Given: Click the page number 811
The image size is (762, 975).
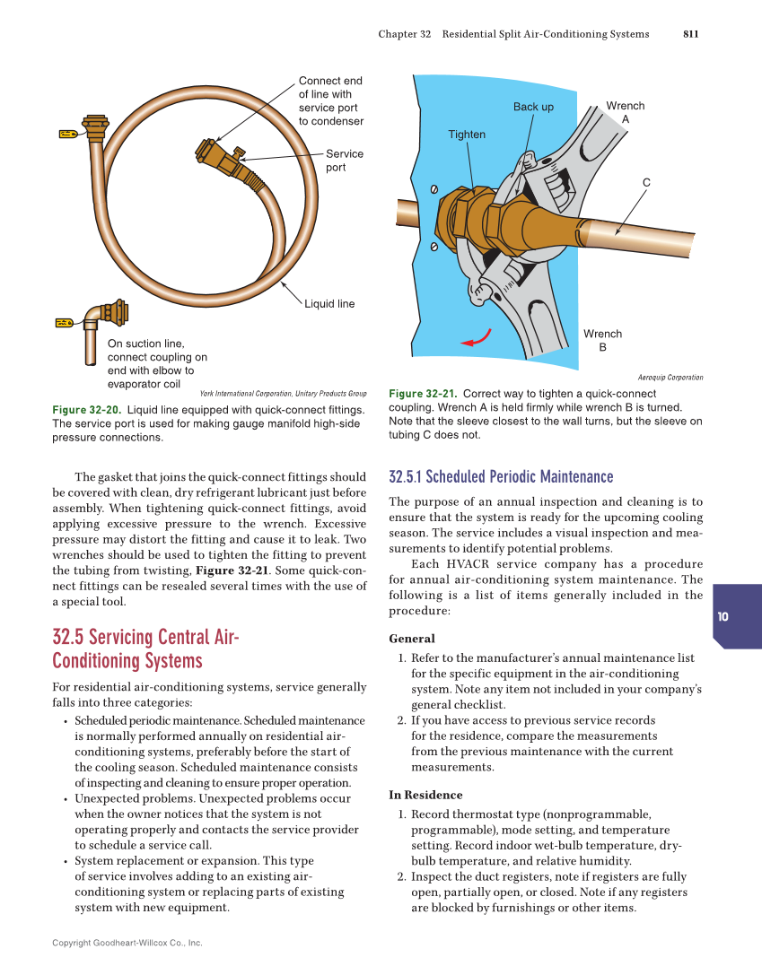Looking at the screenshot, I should tap(690, 34).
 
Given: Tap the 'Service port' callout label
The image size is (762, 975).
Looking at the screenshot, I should tap(344, 161).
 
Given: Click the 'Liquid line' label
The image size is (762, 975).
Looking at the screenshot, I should tap(329, 304).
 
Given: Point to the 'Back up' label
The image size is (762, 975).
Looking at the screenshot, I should tap(533, 107).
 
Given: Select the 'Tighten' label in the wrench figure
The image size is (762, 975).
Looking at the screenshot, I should tap(467, 135).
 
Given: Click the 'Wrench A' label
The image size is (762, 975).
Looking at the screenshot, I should tap(626, 112).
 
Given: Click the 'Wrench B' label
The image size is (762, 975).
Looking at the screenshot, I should tap(602, 340).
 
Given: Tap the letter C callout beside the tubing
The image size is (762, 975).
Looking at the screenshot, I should tap(645, 183).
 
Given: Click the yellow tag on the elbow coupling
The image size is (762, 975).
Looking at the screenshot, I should tap(64, 322).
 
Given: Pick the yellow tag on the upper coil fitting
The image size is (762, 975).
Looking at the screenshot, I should tap(68, 134).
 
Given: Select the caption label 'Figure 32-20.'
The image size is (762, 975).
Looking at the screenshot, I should tap(87, 410).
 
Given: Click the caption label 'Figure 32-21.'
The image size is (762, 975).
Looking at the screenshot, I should tap(423, 394).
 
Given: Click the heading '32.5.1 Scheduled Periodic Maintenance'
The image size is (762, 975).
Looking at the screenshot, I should tap(501, 476).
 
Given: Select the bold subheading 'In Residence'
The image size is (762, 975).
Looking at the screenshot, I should tap(425, 795).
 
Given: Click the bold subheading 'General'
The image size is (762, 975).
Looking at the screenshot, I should tap(411, 639).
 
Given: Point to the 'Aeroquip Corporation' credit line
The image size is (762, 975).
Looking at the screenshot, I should tap(670, 378).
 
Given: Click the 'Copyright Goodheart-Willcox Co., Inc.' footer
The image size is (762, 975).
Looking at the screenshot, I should tap(127, 943).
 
